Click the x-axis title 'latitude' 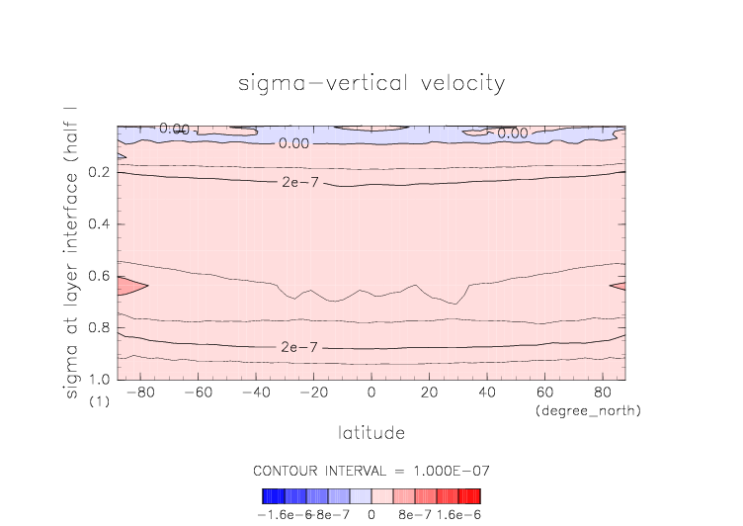371,432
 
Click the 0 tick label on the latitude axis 371,393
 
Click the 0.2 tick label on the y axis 99,173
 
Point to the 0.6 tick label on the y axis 99,277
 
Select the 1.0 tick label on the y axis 99,380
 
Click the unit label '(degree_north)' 588,409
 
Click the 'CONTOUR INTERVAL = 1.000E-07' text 371,470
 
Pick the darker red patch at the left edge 128,286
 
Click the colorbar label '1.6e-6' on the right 457,514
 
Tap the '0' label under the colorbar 371,514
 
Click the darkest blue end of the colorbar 267,495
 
